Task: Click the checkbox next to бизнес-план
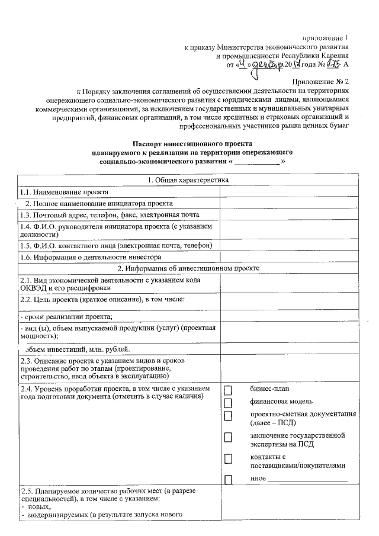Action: [229, 390]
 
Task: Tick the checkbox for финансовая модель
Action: [229, 403]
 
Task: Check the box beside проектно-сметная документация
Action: [229, 416]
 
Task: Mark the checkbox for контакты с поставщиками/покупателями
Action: [229, 458]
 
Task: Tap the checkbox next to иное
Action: [229, 478]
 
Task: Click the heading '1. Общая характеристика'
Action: [188, 180]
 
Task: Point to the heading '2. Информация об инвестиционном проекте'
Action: [188, 268]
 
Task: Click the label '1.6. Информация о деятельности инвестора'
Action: [91, 258]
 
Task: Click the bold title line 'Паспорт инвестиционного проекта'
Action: [192, 144]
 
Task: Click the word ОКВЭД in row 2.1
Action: [33, 288]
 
